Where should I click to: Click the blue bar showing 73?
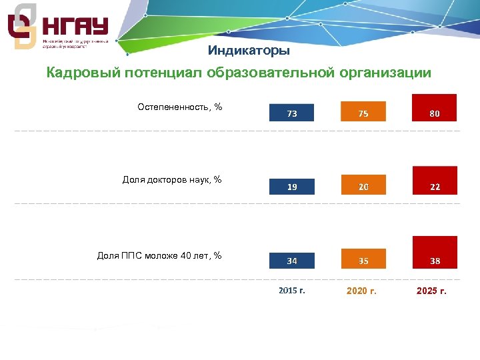point(292,113)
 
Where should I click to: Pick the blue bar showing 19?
point(292,187)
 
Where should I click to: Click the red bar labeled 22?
point(435,181)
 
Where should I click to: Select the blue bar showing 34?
point(292,260)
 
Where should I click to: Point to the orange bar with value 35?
point(363,259)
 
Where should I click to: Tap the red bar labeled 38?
point(435,252)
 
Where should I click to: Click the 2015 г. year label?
point(292,291)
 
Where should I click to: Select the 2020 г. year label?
point(362,291)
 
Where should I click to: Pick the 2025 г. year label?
point(431,291)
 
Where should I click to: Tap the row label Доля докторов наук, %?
point(172,179)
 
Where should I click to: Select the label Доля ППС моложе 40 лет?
point(159,255)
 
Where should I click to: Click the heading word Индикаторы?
point(249,51)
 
